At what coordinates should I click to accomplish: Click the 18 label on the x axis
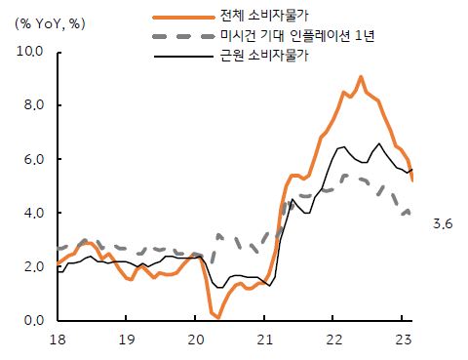[58, 340]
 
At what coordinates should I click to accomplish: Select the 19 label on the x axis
[127, 340]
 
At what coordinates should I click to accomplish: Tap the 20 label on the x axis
[196, 340]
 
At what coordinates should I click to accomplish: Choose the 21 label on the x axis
[265, 340]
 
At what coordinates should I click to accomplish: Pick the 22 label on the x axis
[333, 340]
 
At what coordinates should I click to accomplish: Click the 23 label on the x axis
[402, 340]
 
